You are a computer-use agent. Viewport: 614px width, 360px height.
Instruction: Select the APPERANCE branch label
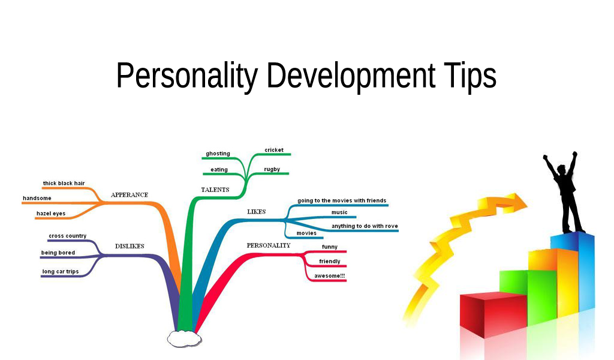tap(129, 195)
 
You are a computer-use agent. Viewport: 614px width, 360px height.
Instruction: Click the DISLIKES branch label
tap(130, 246)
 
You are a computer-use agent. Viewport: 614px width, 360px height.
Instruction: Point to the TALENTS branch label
tap(215, 190)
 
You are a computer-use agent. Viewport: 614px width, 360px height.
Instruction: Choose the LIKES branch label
tap(256, 212)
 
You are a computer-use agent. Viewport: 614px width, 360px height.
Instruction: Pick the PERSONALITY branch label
tap(268, 245)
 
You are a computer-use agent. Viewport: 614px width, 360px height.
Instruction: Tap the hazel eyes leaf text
tap(51, 213)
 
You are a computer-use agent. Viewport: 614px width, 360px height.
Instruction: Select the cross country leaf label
tap(67, 236)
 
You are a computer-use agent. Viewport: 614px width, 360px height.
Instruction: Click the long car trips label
tap(60, 272)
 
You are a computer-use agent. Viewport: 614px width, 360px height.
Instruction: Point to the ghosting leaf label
tap(218, 154)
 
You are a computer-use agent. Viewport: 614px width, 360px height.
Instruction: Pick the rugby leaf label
tap(272, 169)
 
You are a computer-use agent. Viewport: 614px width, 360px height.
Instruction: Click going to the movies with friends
tap(342, 200)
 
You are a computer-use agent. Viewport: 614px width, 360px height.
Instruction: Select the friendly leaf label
tap(329, 262)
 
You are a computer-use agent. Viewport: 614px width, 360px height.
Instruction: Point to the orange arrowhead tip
tap(526, 202)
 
